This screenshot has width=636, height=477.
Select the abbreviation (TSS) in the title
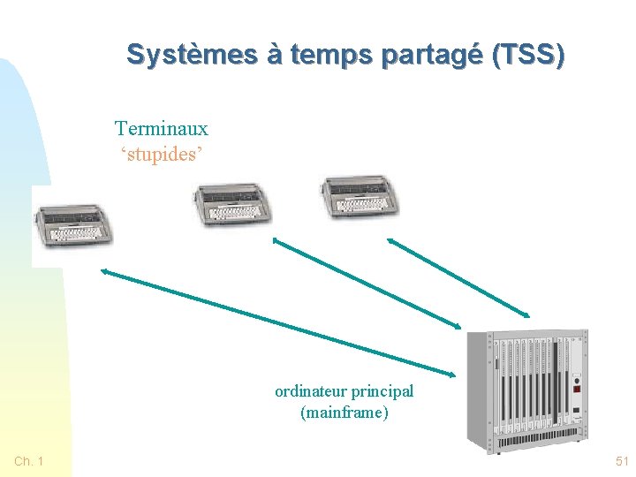click(x=527, y=55)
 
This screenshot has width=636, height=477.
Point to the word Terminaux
click(x=162, y=129)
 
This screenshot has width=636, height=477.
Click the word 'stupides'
click(x=162, y=155)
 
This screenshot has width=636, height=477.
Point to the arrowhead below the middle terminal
click(x=276, y=239)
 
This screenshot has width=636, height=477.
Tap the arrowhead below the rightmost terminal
click(x=391, y=239)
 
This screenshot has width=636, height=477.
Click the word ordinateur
click(x=310, y=391)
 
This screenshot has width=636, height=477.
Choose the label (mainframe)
click(x=344, y=413)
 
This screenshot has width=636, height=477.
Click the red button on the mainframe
click(x=577, y=387)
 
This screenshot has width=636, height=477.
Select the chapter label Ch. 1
click(x=29, y=461)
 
